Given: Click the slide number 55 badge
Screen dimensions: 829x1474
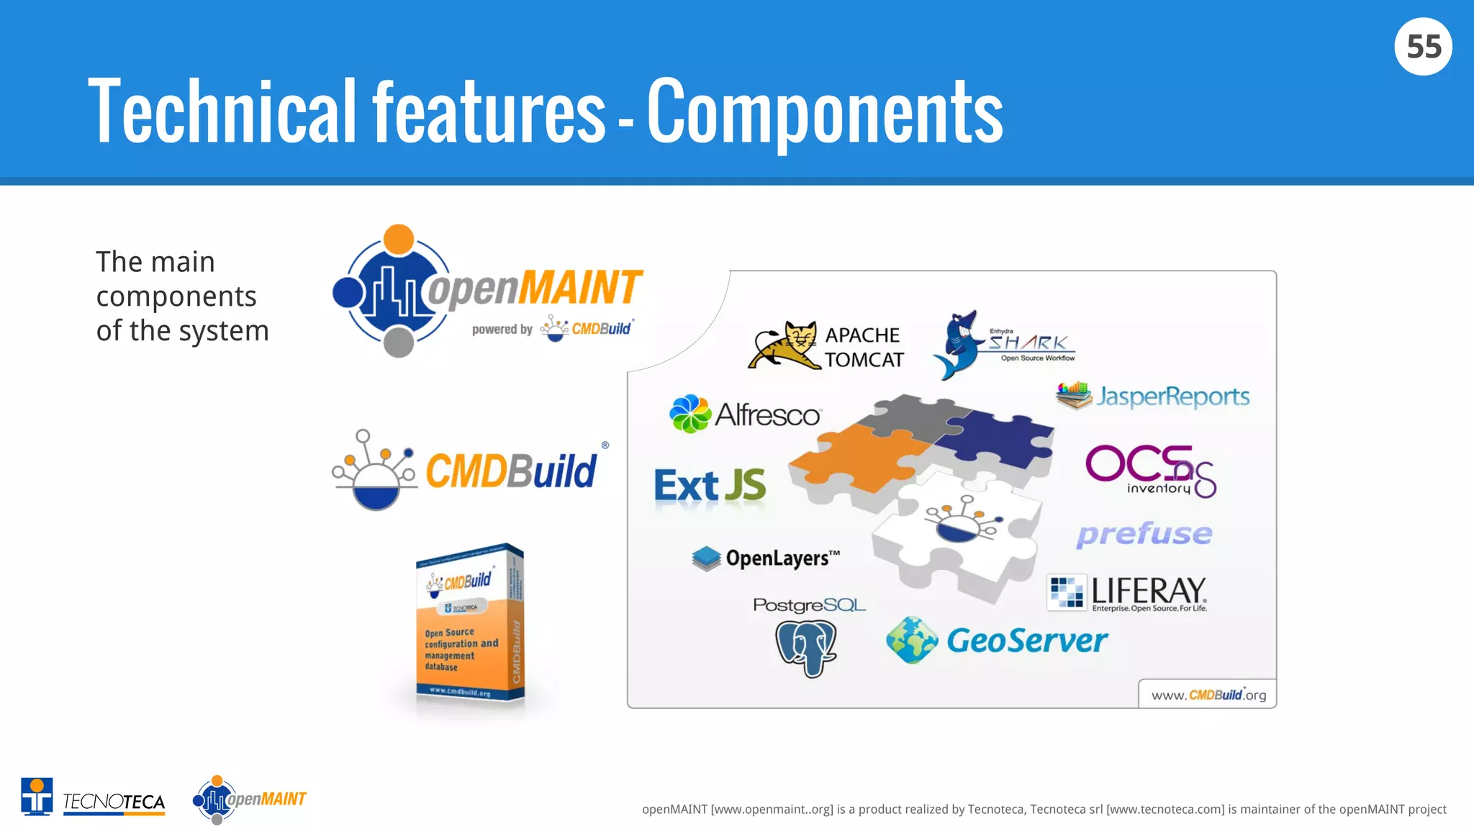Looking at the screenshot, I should point(1423,47).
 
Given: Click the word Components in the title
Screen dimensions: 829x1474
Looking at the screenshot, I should point(825,112).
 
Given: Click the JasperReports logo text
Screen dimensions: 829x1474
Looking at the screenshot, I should point(1172,397).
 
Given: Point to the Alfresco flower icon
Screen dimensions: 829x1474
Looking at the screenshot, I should point(689,414).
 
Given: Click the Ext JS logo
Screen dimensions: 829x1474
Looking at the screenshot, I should point(710,485).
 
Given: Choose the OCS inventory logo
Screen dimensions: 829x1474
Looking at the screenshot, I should point(1150,471).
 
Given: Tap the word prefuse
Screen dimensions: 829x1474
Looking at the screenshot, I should point(1144,533).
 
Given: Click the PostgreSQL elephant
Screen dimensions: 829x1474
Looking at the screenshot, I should point(806,648).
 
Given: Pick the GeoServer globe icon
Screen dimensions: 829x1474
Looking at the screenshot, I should point(912,640).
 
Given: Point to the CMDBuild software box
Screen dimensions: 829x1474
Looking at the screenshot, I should point(470,623).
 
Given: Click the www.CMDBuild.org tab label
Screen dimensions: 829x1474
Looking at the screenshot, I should point(1208,694).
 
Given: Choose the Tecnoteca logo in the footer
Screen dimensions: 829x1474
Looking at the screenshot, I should point(94,797).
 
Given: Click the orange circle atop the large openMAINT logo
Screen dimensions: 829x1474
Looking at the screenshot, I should point(399,239).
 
